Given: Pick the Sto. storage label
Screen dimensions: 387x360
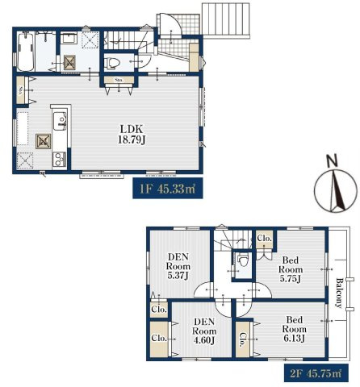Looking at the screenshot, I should point(118,81).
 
